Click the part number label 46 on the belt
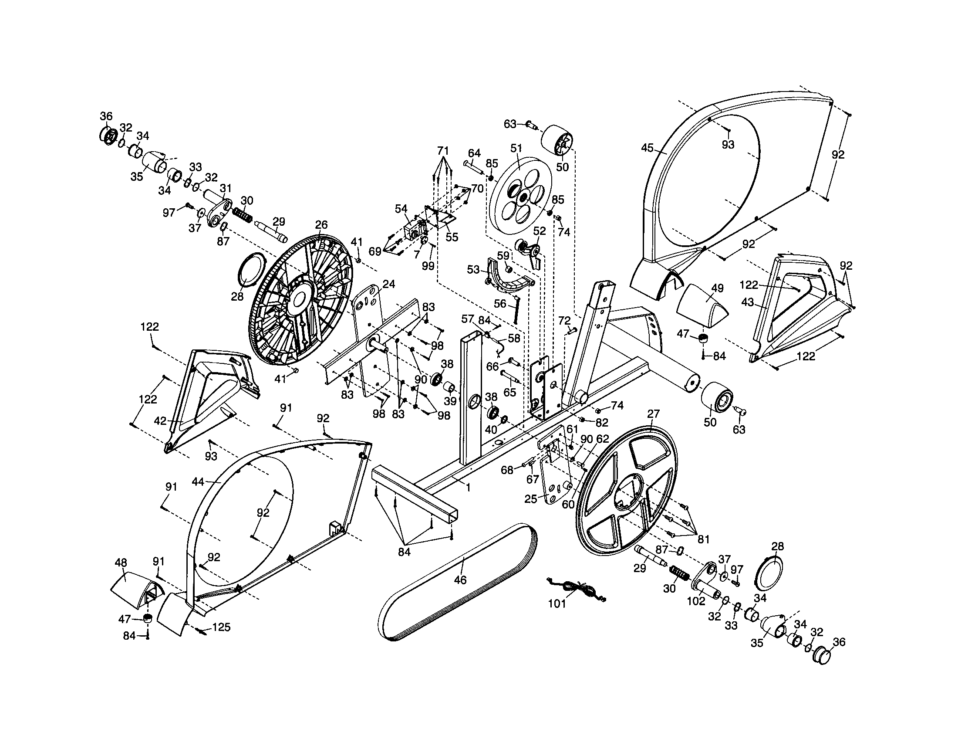tap(460, 580)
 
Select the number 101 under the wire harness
tap(557, 604)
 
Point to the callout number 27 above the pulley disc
tap(653, 414)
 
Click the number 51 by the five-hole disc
tap(516, 148)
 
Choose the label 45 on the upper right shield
tap(647, 148)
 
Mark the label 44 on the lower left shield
tap(198, 482)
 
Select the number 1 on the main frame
tap(468, 487)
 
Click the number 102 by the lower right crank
tap(696, 601)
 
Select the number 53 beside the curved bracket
tap(473, 269)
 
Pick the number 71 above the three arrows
tap(443, 151)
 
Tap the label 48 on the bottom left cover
tap(121, 563)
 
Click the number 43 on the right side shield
tap(747, 302)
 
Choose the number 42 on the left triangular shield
tap(160, 421)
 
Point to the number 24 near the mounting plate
tap(388, 285)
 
